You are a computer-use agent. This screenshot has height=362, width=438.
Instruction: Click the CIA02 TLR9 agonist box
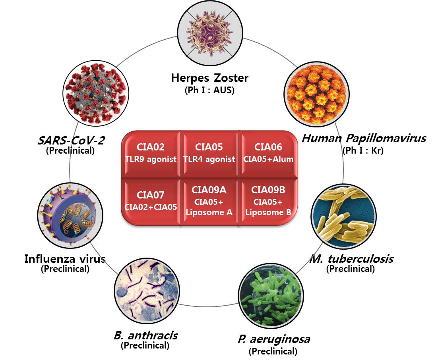150,153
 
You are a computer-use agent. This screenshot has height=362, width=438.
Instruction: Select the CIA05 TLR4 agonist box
209,153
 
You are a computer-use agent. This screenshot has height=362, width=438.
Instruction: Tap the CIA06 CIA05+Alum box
268,153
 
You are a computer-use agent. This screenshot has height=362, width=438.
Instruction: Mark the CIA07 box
150,201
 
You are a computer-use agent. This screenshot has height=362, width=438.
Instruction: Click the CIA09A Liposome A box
209,201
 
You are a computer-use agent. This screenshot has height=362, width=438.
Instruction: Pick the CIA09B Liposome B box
268,201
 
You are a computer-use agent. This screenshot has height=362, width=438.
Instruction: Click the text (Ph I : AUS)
209,90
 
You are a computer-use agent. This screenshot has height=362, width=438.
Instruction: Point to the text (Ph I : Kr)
363,151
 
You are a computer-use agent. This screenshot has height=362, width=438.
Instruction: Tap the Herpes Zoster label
209,78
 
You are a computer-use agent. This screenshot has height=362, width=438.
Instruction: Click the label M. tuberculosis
351,259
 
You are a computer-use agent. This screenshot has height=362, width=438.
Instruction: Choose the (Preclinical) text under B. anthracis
145,345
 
